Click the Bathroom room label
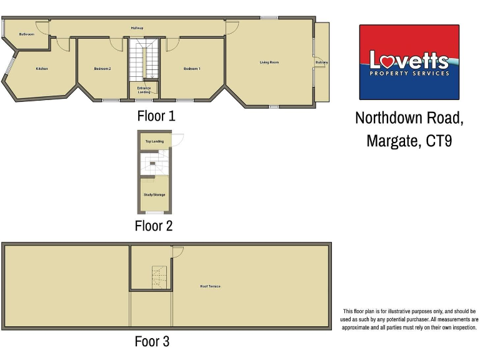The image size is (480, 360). click(x=26, y=34)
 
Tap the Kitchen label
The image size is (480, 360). click(x=42, y=68)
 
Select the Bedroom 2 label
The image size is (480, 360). click(x=102, y=68)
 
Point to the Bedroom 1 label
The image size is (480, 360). click(x=192, y=68)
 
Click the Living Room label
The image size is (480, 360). click(x=269, y=62)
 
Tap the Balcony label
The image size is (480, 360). click(x=322, y=62)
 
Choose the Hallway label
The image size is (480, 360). click(x=137, y=28)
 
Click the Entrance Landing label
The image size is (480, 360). click(x=144, y=90)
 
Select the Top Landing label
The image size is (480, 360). click(x=154, y=141)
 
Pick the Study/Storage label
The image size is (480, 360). click(x=154, y=194)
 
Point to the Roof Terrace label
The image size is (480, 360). click(x=210, y=286)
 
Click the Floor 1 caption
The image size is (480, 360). click(x=156, y=116)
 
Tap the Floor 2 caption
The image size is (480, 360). click(x=153, y=226)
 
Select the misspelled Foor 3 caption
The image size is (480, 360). click(x=152, y=341)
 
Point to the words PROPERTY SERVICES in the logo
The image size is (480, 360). click(x=409, y=74)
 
